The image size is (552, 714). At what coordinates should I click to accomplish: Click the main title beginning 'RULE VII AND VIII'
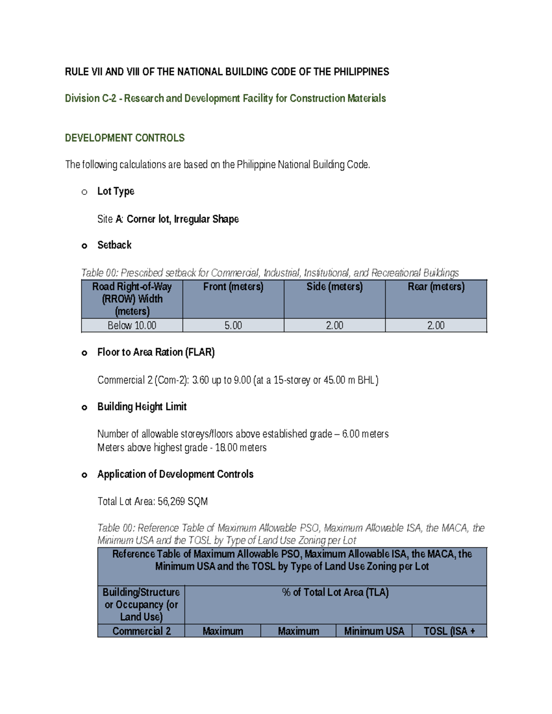coord(227,72)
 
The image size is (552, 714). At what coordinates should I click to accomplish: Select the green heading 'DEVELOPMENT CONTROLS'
coord(125,138)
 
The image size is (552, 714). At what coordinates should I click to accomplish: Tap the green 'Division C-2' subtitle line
coord(225,98)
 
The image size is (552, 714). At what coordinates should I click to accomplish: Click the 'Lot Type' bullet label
coord(115,191)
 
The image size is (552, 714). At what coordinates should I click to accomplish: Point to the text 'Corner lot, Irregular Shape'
coord(183,219)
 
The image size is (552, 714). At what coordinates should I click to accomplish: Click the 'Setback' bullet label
coord(114,245)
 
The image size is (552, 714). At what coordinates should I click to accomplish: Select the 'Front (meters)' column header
coord(233,287)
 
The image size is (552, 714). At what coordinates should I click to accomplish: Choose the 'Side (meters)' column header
coord(334,287)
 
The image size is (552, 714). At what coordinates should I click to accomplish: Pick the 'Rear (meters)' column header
coord(436,287)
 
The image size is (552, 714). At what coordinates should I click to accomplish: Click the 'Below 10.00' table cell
coord(132,326)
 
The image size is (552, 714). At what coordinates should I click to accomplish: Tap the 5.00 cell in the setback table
coord(233,326)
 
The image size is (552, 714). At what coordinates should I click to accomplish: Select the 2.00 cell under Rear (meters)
coord(436,326)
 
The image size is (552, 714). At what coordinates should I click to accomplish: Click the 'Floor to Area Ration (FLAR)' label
coord(156,353)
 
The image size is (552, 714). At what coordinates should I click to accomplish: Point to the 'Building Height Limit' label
coord(142,407)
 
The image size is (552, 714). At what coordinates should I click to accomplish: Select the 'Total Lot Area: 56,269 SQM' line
coord(152,502)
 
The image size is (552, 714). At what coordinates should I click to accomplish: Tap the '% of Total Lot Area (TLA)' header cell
coord(335,593)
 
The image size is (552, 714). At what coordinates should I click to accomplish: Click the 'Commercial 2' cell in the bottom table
coord(141,631)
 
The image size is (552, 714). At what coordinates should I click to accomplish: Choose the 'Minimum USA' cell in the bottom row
coord(374,631)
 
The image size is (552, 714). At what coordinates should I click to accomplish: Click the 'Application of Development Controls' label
coord(175,474)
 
